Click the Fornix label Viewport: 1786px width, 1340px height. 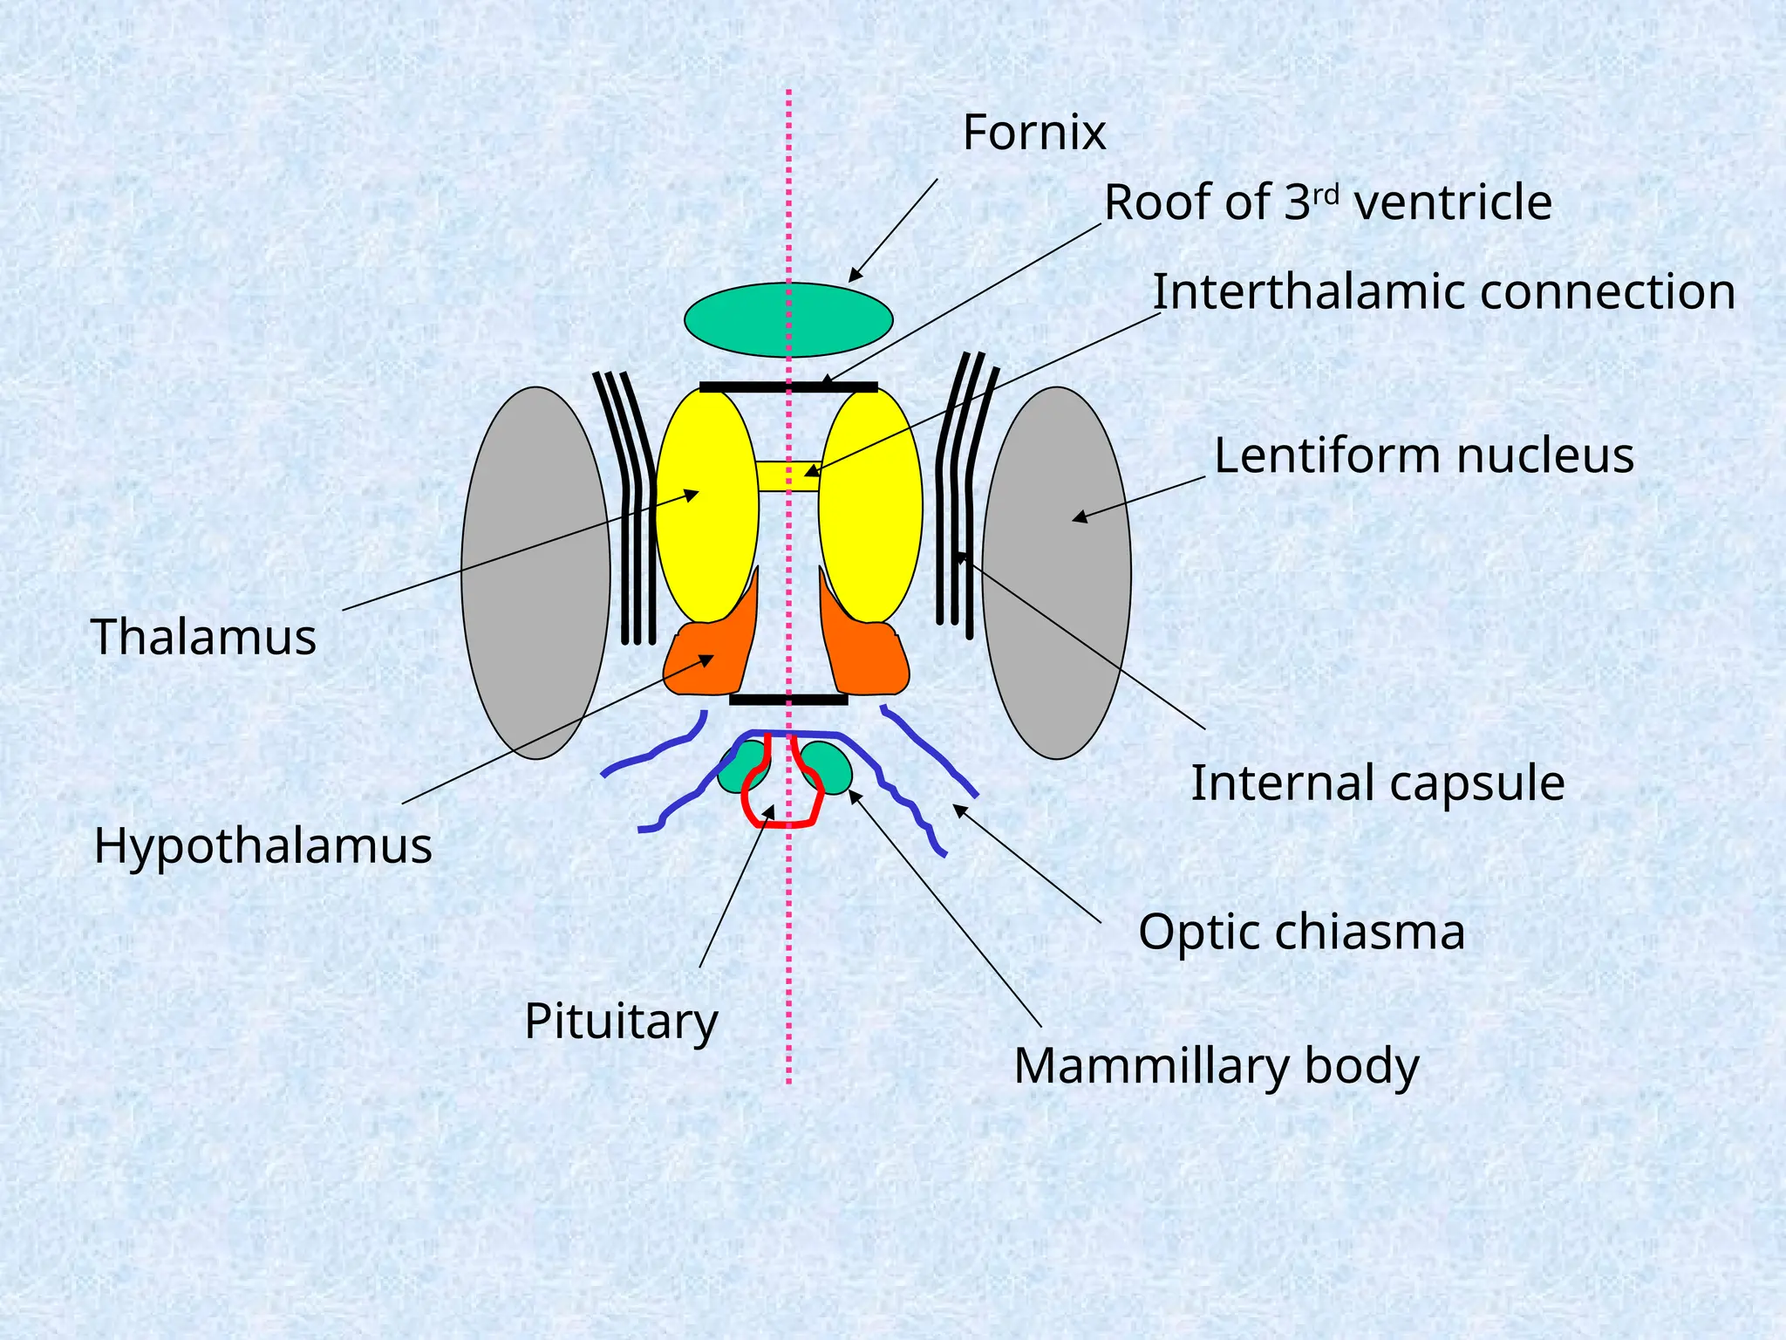1033,133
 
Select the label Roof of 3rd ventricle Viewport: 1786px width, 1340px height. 1327,202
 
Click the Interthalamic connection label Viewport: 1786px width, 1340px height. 1443,291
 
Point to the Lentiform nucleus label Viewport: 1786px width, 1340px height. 1423,455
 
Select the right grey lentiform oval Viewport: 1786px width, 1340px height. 1056,572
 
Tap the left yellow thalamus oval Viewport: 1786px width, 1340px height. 706,506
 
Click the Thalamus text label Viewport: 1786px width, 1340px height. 203,637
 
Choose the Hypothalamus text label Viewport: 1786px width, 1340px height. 262,846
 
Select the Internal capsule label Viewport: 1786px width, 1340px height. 1377,783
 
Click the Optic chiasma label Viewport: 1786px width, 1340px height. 1301,932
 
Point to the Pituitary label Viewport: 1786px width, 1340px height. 621,1021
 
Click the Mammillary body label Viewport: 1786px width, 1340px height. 1216,1066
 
